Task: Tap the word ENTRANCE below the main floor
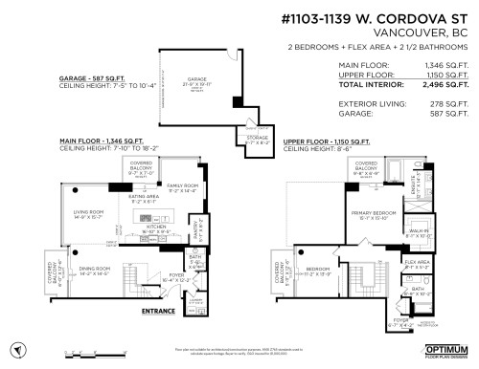coord(159,312)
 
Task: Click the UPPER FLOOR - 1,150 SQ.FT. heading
coord(331,141)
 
